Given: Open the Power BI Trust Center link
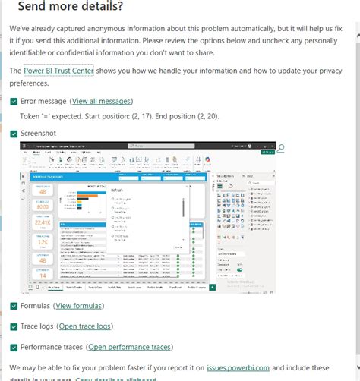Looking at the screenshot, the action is [58, 71].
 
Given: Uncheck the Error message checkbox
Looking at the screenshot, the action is [14, 100].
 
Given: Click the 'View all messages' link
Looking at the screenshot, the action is [101, 100].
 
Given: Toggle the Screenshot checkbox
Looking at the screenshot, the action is [14, 133].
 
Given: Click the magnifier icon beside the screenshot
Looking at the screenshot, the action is [280, 146].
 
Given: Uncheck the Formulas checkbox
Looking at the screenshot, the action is [14, 306].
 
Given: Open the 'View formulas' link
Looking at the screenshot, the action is [79, 306].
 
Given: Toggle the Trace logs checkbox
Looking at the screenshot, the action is [14, 326].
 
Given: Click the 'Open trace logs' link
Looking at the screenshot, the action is [85, 326].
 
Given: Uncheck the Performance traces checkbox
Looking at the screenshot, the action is [14, 348].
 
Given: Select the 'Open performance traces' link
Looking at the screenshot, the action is [129, 348].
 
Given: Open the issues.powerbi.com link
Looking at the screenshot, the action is [238, 367].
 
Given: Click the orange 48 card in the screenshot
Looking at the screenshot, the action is [43, 192].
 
